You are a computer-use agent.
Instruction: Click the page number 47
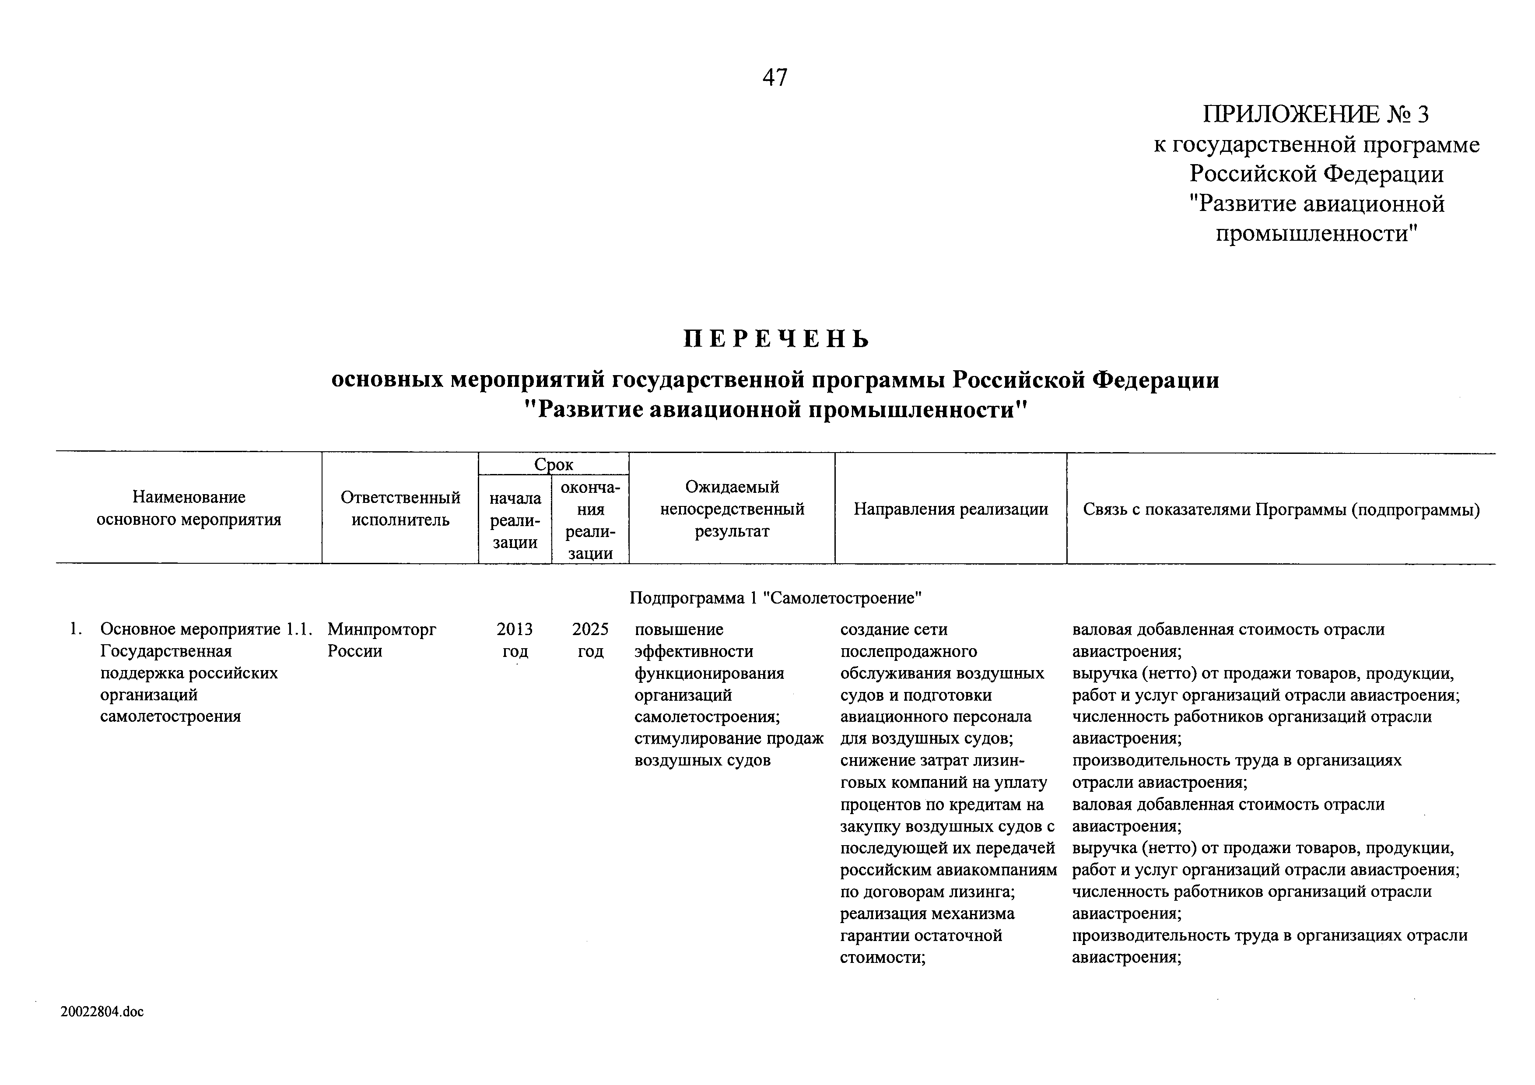[775, 78]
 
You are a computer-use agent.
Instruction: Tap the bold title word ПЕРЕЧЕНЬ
[776, 340]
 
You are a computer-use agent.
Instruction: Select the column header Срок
[554, 464]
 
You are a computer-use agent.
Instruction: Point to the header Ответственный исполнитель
[400, 508]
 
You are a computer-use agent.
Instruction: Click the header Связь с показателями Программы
[1281, 509]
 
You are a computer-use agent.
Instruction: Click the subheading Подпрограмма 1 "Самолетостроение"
[775, 598]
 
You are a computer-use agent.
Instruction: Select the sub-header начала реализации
[515, 520]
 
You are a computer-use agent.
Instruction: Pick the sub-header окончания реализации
[590, 520]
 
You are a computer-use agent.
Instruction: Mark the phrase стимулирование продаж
[729, 739]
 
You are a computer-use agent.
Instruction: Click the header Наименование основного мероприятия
[189, 508]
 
